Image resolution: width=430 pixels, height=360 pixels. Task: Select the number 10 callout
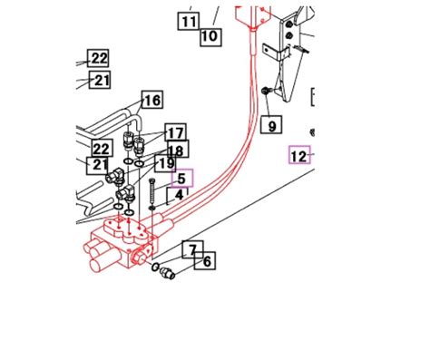pos(209,37)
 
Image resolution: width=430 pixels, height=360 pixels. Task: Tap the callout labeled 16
pos(151,101)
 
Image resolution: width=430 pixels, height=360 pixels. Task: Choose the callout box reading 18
pos(176,150)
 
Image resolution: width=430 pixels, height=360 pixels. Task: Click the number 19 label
pos(164,164)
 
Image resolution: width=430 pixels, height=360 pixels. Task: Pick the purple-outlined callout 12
pos(299,156)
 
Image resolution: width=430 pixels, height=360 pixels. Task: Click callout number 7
pos(191,248)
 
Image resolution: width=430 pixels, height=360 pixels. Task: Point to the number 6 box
pos(207,262)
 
